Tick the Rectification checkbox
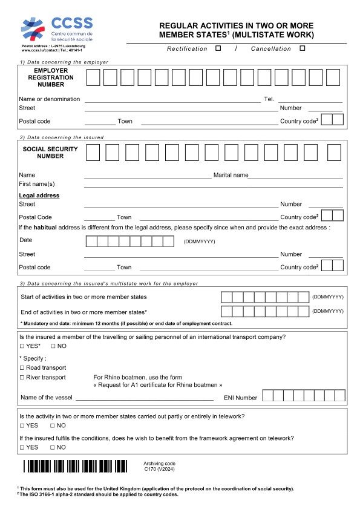pyautogui.click(x=218, y=48)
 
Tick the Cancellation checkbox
pyautogui.click(x=302, y=48)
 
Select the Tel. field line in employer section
pyautogui.click(x=310, y=101)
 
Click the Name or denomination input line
pyautogui.click(x=172, y=101)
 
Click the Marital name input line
pyautogui.click(x=295, y=177)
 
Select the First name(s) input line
pyautogui.click(x=213, y=186)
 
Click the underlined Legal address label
pyautogui.click(x=39, y=195)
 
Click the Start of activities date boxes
pyautogui.click(x=264, y=297)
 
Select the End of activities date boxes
pyautogui.click(x=264, y=311)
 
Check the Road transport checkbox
pyautogui.click(x=22, y=368)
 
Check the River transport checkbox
pyautogui.click(x=22, y=378)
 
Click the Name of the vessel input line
pyautogui.click(x=144, y=399)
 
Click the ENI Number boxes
pyautogui.click(x=304, y=396)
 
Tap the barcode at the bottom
pyautogui.click(x=76, y=466)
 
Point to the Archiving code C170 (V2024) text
pyautogui.click(x=159, y=466)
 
